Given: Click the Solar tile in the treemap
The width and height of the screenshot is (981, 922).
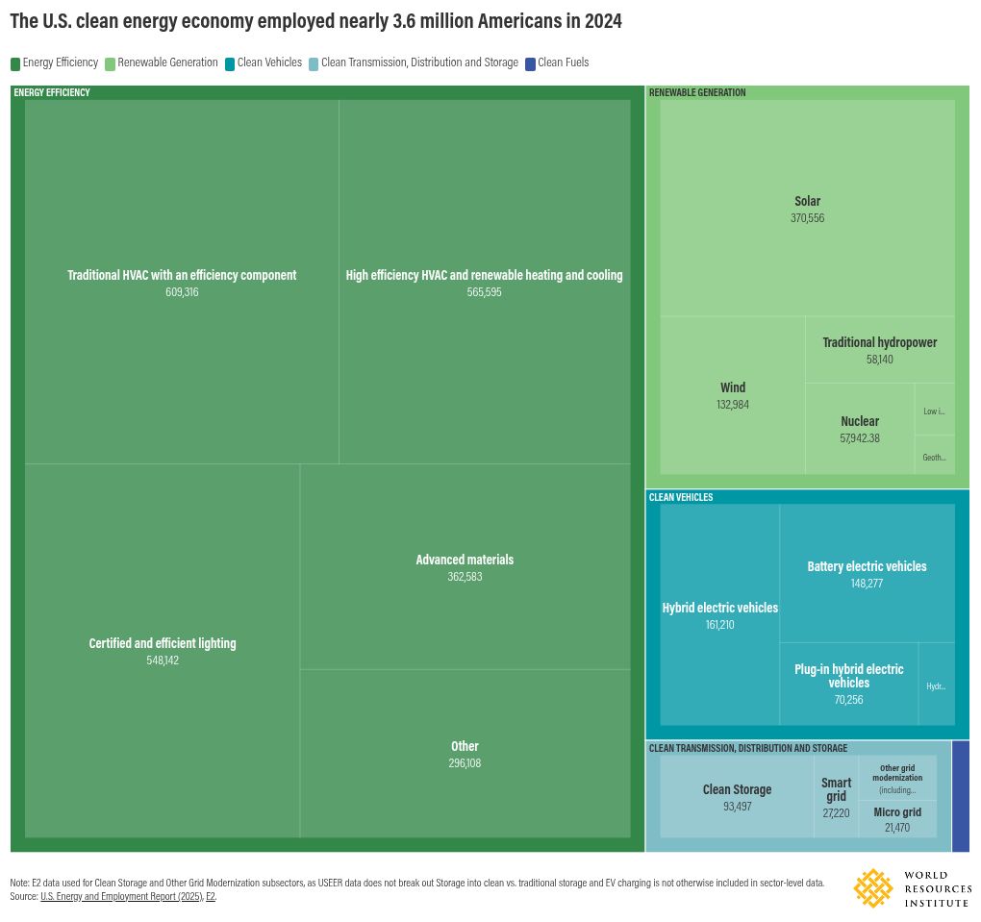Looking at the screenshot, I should [x=807, y=209].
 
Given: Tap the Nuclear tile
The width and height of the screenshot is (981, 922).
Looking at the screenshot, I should [x=859, y=429].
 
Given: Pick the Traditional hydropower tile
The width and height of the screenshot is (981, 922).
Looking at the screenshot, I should [x=879, y=350].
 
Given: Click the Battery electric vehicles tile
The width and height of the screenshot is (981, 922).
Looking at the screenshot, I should [x=867, y=574].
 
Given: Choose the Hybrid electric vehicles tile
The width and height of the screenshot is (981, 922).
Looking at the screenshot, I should [x=719, y=615].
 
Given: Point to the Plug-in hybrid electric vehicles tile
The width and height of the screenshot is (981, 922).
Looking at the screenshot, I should [x=848, y=683].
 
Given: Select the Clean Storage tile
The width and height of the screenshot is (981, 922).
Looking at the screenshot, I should [x=737, y=797].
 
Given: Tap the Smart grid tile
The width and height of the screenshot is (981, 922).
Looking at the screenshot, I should [x=836, y=797].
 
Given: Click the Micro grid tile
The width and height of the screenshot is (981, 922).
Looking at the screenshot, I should [x=896, y=818].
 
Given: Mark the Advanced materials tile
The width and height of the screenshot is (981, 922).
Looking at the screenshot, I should [x=465, y=567].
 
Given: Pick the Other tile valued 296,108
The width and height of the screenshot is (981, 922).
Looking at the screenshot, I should [x=465, y=754].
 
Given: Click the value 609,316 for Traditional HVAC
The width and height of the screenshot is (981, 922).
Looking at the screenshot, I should [x=182, y=292].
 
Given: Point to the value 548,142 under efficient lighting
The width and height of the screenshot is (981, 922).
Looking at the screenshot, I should [x=163, y=660].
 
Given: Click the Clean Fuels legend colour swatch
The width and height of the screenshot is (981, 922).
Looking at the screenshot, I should [x=530, y=63].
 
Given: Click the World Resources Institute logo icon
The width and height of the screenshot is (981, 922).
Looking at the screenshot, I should [x=873, y=888].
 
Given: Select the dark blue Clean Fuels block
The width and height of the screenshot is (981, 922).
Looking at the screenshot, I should [x=960, y=796].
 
